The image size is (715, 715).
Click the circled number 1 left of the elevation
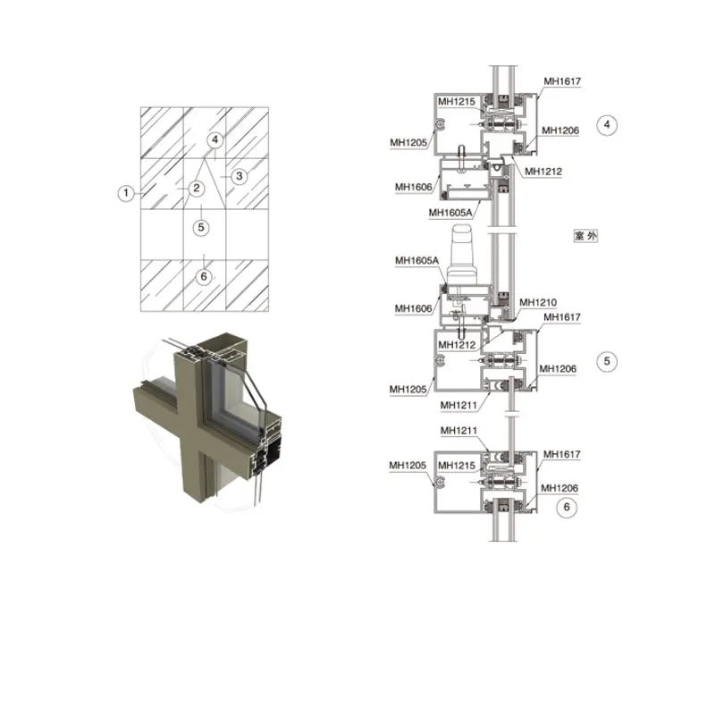click(x=126, y=193)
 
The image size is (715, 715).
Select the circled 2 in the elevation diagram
click(x=197, y=188)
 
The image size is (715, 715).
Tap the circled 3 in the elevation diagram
click(x=239, y=176)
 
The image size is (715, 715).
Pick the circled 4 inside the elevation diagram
click(x=215, y=139)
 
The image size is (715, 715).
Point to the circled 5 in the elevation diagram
click(x=201, y=227)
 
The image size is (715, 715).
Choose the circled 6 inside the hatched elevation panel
click(x=204, y=276)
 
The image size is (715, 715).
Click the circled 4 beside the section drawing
click(x=607, y=124)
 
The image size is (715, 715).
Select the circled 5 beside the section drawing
click(x=607, y=361)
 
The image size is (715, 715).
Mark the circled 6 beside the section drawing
click(x=567, y=507)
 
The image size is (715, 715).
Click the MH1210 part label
click(x=538, y=302)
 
